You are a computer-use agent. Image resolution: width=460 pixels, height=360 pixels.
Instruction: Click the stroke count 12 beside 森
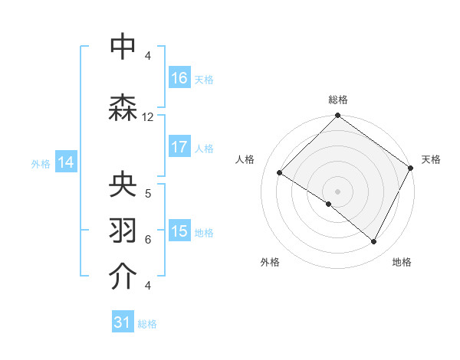pos(148,117)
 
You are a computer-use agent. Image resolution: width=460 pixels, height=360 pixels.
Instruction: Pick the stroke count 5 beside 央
pos(148,194)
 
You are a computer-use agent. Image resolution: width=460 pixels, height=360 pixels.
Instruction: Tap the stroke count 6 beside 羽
pos(148,239)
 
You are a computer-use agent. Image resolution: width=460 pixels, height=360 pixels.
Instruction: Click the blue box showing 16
pos(179,78)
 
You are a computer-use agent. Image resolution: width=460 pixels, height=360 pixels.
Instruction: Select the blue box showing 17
pos(179,147)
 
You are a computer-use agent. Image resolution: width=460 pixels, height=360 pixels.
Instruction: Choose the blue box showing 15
pos(179,231)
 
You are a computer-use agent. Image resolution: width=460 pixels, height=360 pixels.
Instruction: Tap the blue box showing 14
pos(66,162)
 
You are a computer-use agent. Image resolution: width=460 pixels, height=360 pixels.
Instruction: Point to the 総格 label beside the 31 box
pos(147,324)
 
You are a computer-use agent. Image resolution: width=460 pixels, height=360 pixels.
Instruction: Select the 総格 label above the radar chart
pos(337,100)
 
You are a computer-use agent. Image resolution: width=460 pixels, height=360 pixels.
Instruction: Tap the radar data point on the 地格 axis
pos(374,242)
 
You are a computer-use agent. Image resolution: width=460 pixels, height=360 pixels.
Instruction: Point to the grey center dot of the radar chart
pos(337,191)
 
